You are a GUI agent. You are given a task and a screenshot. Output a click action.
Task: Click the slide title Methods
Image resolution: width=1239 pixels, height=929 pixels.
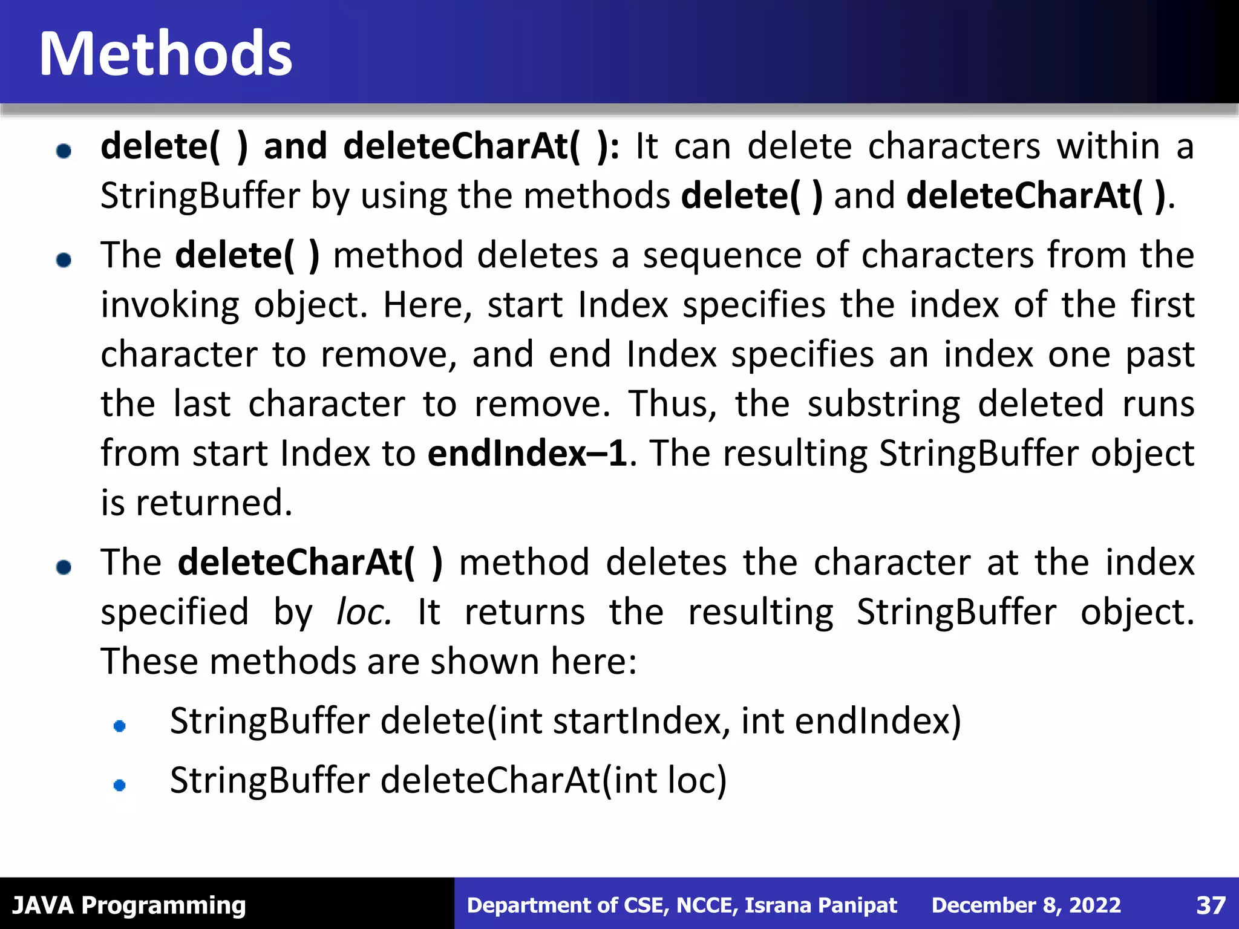pos(166,54)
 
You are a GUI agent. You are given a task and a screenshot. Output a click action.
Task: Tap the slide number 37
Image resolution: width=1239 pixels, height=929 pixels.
pos(1211,905)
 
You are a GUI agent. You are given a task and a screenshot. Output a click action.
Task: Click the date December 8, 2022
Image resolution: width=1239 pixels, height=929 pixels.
pos(1026,905)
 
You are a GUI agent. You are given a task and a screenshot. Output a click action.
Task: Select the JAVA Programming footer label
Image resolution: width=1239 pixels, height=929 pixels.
pos(129,905)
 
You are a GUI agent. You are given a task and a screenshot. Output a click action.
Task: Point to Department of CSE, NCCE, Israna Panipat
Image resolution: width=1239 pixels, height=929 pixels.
pos(682,905)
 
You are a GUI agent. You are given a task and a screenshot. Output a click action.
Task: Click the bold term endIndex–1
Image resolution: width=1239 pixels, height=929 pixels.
pos(528,453)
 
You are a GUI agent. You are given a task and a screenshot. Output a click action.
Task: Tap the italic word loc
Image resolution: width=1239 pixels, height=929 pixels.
pos(364,612)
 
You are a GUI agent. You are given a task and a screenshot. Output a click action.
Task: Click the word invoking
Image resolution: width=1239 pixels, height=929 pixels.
pos(170,305)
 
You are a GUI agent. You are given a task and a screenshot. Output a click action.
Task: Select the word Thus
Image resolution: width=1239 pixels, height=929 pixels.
pos(672,403)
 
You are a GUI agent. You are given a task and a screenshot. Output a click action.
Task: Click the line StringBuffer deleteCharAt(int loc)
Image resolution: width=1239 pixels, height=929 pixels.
pos(448,780)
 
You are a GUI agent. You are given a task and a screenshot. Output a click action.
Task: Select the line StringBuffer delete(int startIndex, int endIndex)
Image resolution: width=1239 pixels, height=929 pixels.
pos(565,721)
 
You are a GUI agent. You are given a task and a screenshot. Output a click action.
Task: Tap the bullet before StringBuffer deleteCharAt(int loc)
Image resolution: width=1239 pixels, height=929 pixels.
pos(120,785)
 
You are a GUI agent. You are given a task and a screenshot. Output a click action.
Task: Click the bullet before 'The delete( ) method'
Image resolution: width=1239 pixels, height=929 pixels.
pos(64,260)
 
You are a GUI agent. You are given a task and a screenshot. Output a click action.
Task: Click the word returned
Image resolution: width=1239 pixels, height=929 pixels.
pos(214,503)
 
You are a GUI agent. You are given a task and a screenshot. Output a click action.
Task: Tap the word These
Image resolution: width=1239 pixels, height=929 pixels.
pos(148,661)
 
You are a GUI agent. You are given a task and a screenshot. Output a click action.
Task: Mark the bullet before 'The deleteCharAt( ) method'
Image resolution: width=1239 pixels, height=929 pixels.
pos(64,567)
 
